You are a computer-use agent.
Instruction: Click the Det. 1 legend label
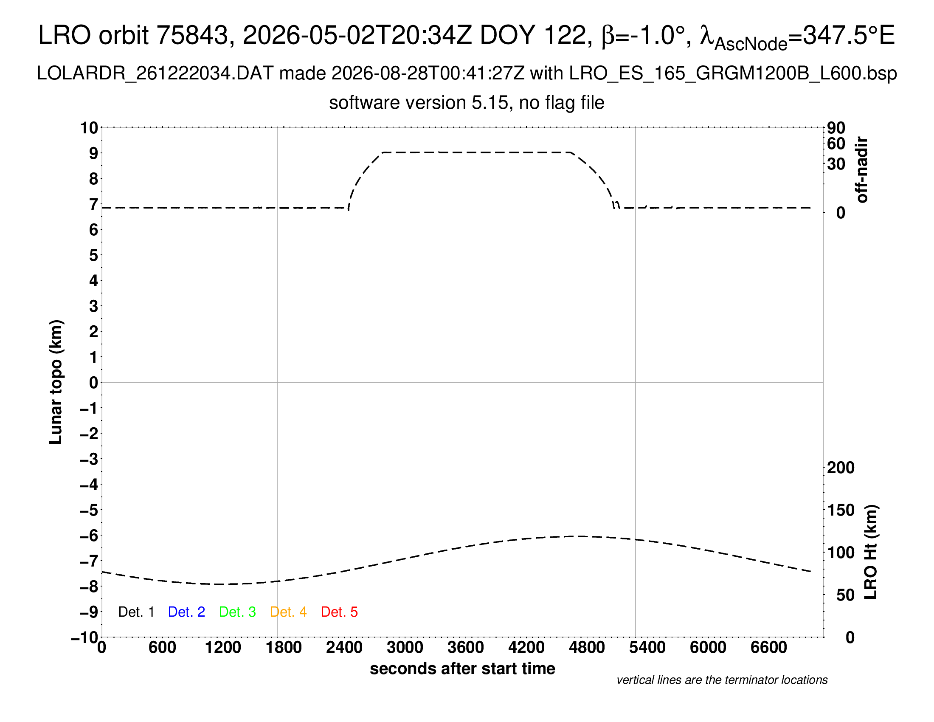[136, 612]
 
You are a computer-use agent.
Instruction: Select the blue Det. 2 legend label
[186, 612]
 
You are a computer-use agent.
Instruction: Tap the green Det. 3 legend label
[237, 612]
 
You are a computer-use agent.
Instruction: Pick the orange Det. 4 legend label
[288, 612]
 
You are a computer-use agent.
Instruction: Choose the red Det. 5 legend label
[339, 612]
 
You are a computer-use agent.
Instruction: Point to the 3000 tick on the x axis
[405, 648]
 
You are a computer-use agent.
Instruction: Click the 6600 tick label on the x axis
[768, 648]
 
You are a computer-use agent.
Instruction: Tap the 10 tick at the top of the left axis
[90, 128]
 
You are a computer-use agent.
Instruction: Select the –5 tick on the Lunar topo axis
[89, 510]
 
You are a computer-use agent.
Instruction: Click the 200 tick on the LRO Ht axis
[841, 468]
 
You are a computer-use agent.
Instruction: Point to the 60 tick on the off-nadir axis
[836, 144]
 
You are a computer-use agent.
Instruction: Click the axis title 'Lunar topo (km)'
[56, 382]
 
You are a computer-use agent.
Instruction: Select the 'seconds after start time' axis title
[462, 668]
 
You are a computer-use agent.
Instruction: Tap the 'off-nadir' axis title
[862, 170]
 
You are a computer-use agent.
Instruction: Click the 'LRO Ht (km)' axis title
[871, 552]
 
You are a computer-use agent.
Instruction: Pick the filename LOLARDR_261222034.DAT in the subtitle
[155, 73]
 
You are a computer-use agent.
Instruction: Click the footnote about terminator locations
[722, 680]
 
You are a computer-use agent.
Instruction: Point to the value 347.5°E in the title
[849, 35]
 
